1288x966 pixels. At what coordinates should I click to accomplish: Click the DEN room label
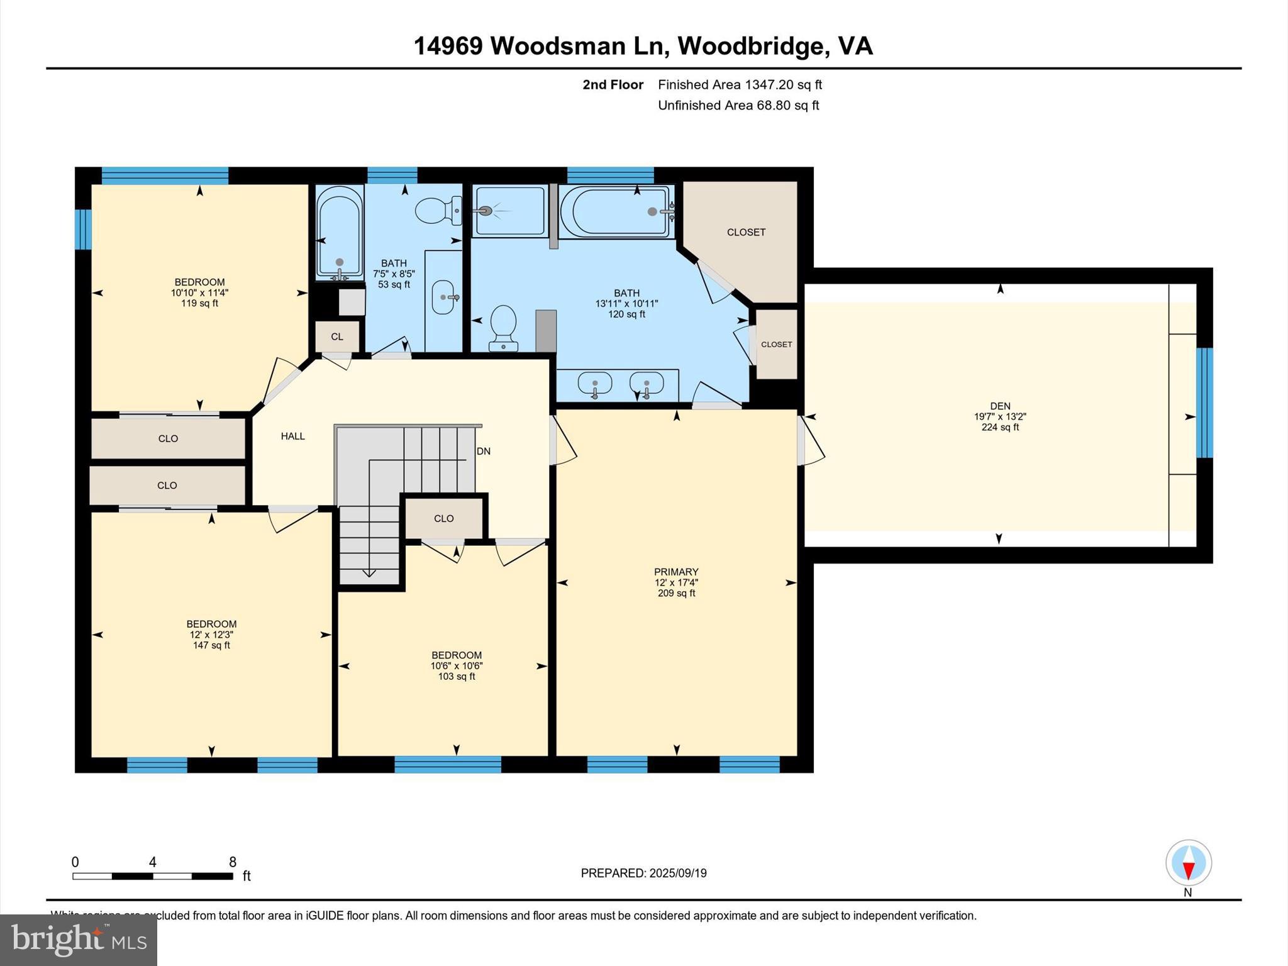pos(1000,406)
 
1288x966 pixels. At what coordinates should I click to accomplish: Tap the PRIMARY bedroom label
pos(676,572)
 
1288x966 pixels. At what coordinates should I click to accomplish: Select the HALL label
pos(292,436)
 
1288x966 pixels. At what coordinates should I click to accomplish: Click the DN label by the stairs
pos(483,451)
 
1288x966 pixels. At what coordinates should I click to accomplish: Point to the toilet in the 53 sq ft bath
pos(438,211)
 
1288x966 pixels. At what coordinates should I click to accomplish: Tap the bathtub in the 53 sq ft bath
pos(339,233)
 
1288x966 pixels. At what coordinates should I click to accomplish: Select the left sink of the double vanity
pos(594,382)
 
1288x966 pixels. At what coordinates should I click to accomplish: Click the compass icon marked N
pos(1188,863)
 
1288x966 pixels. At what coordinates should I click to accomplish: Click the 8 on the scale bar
pos(233,862)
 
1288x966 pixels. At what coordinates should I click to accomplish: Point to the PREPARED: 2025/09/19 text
pos(643,873)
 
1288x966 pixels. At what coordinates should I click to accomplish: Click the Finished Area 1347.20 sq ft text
pos(740,84)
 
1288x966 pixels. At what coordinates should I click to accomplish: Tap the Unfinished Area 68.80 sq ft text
pos(738,105)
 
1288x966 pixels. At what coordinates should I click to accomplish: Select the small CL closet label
pos(337,336)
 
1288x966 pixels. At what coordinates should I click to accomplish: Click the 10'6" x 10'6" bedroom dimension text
pos(457,666)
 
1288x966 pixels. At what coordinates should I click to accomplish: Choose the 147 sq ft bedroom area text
pos(211,645)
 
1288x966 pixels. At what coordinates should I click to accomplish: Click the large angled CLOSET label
pos(746,232)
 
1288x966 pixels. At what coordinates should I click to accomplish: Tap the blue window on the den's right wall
pos(1204,402)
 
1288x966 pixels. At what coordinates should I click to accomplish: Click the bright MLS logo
pos(79,940)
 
